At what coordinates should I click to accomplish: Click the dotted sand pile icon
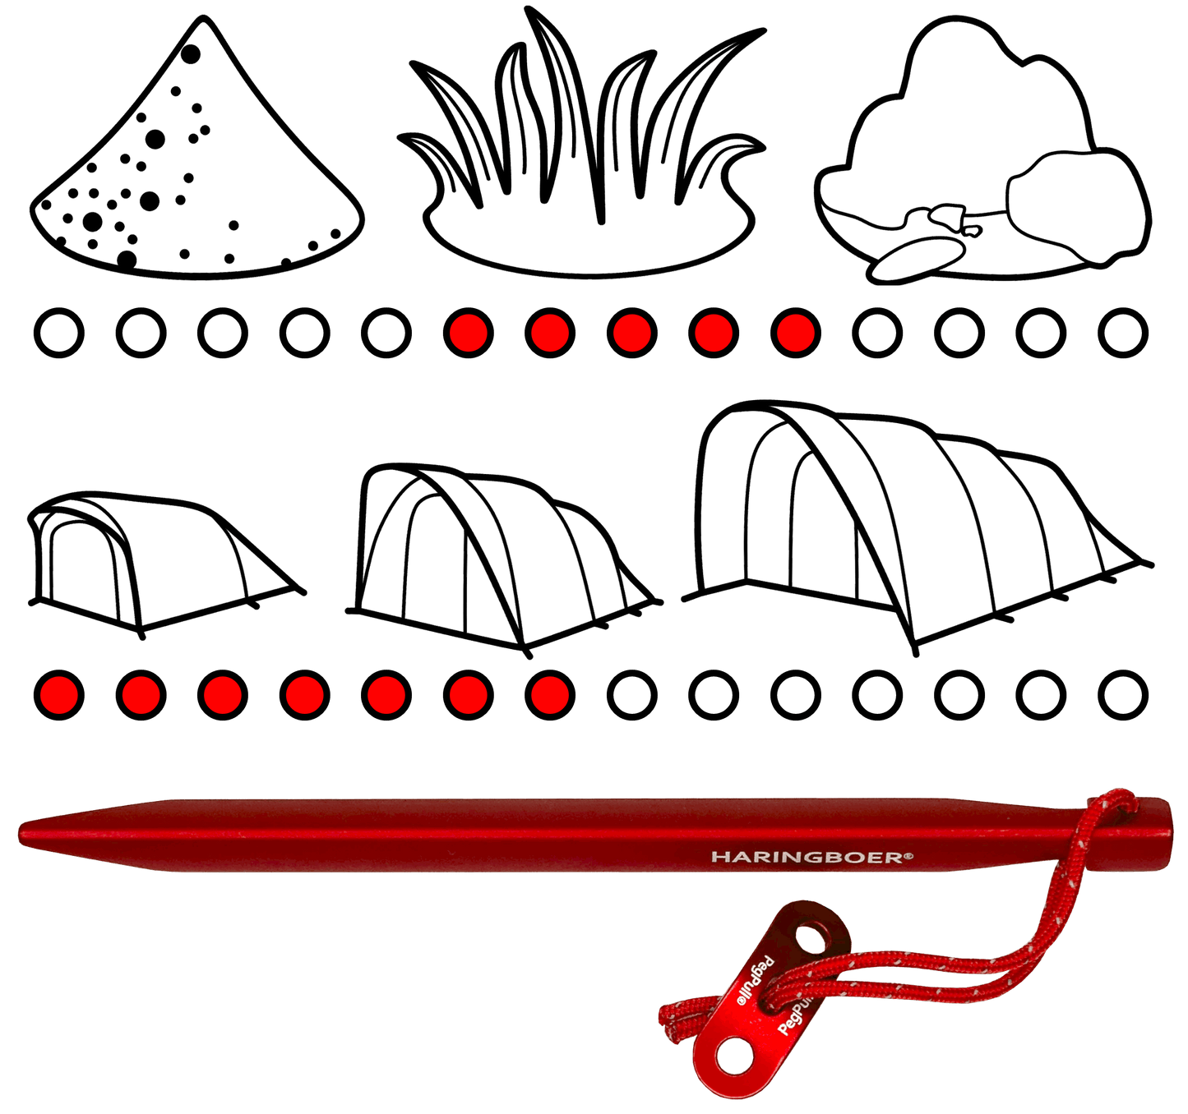(197, 164)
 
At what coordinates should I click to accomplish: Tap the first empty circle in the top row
(58, 333)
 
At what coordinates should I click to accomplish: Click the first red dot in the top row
(468, 333)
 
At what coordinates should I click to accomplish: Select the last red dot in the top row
(795, 333)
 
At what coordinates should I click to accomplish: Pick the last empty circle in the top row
(1123, 333)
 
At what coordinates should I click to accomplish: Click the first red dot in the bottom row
(58, 695)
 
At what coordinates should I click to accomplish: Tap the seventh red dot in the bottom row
(549, 695)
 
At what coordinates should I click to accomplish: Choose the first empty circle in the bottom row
(631, 695)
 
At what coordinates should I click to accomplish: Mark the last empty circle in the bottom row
(1123, 695)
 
